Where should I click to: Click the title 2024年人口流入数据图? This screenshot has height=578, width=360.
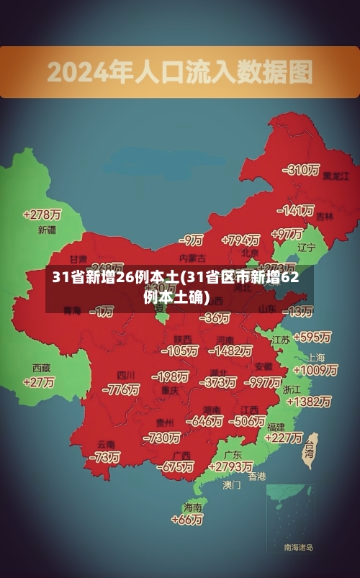coord(180,72)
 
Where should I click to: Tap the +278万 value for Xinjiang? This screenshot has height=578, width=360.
coord(42,215)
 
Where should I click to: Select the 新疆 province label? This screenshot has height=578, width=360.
coord(47,230)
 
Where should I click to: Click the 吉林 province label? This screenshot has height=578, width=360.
coord(325,216)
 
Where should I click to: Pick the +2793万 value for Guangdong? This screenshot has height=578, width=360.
coord(229,466)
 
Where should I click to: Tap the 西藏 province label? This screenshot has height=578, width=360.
coord(41,367)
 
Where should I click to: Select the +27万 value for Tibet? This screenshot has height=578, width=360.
coord(39,382)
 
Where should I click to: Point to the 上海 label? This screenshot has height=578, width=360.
coord(317,357)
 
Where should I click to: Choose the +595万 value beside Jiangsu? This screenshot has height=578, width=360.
coord(312,337)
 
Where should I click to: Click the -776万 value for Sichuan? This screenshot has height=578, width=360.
coord(120,389)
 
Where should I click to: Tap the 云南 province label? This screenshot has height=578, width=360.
coord(106,443)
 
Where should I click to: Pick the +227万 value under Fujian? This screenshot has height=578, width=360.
coord(284,438)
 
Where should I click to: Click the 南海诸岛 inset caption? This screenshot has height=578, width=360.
coord(298,548)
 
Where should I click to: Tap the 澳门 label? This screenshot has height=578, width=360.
coord(232,485)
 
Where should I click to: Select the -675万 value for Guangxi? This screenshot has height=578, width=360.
coord(176,466)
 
